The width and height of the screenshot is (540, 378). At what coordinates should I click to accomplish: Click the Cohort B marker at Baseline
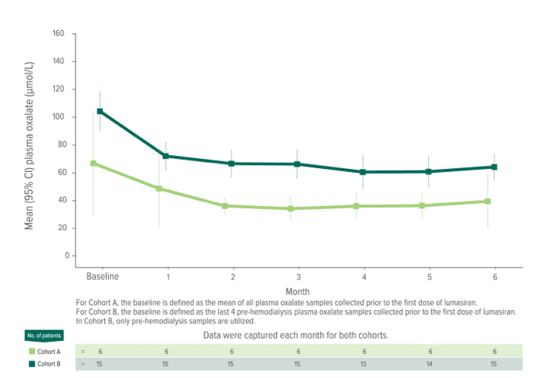point(100,111)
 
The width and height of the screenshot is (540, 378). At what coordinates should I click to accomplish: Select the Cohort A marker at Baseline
point(93,164)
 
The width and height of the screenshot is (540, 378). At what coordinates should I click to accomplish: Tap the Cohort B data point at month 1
point(166,156)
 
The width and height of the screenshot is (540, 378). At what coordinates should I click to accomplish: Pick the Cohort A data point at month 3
point(290,208)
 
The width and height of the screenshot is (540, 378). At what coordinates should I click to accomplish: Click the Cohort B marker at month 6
point(494,167)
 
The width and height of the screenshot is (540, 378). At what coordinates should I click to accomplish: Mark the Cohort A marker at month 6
point(488,201)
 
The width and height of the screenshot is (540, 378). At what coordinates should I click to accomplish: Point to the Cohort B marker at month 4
point(363,172)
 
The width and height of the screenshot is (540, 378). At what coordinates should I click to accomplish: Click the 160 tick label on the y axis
point(59,34)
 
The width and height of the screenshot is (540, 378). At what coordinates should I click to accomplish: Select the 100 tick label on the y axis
point(59,117)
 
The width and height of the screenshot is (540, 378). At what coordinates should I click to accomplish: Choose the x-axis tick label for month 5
point(429,276)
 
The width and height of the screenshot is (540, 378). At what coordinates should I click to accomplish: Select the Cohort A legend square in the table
point(32,351)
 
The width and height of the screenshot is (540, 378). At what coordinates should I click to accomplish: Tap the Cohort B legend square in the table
point(32,363)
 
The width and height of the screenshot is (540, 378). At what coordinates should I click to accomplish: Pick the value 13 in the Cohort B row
point(363,363)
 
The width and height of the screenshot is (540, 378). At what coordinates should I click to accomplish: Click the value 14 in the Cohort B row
point(429,363)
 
